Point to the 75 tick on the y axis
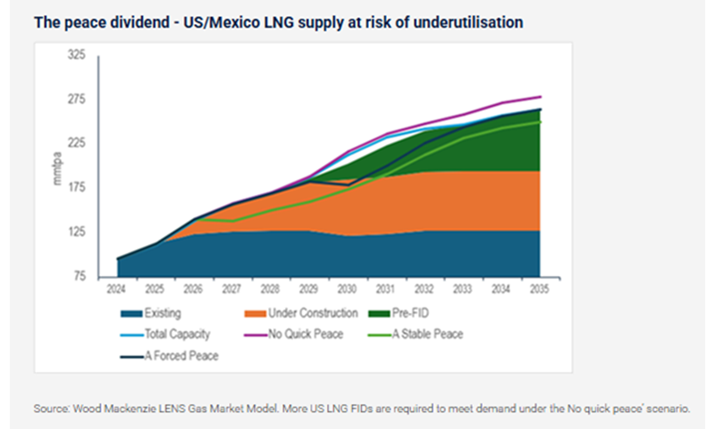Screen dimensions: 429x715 tap(79, 276)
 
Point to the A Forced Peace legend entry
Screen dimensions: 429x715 tap(184, 356)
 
